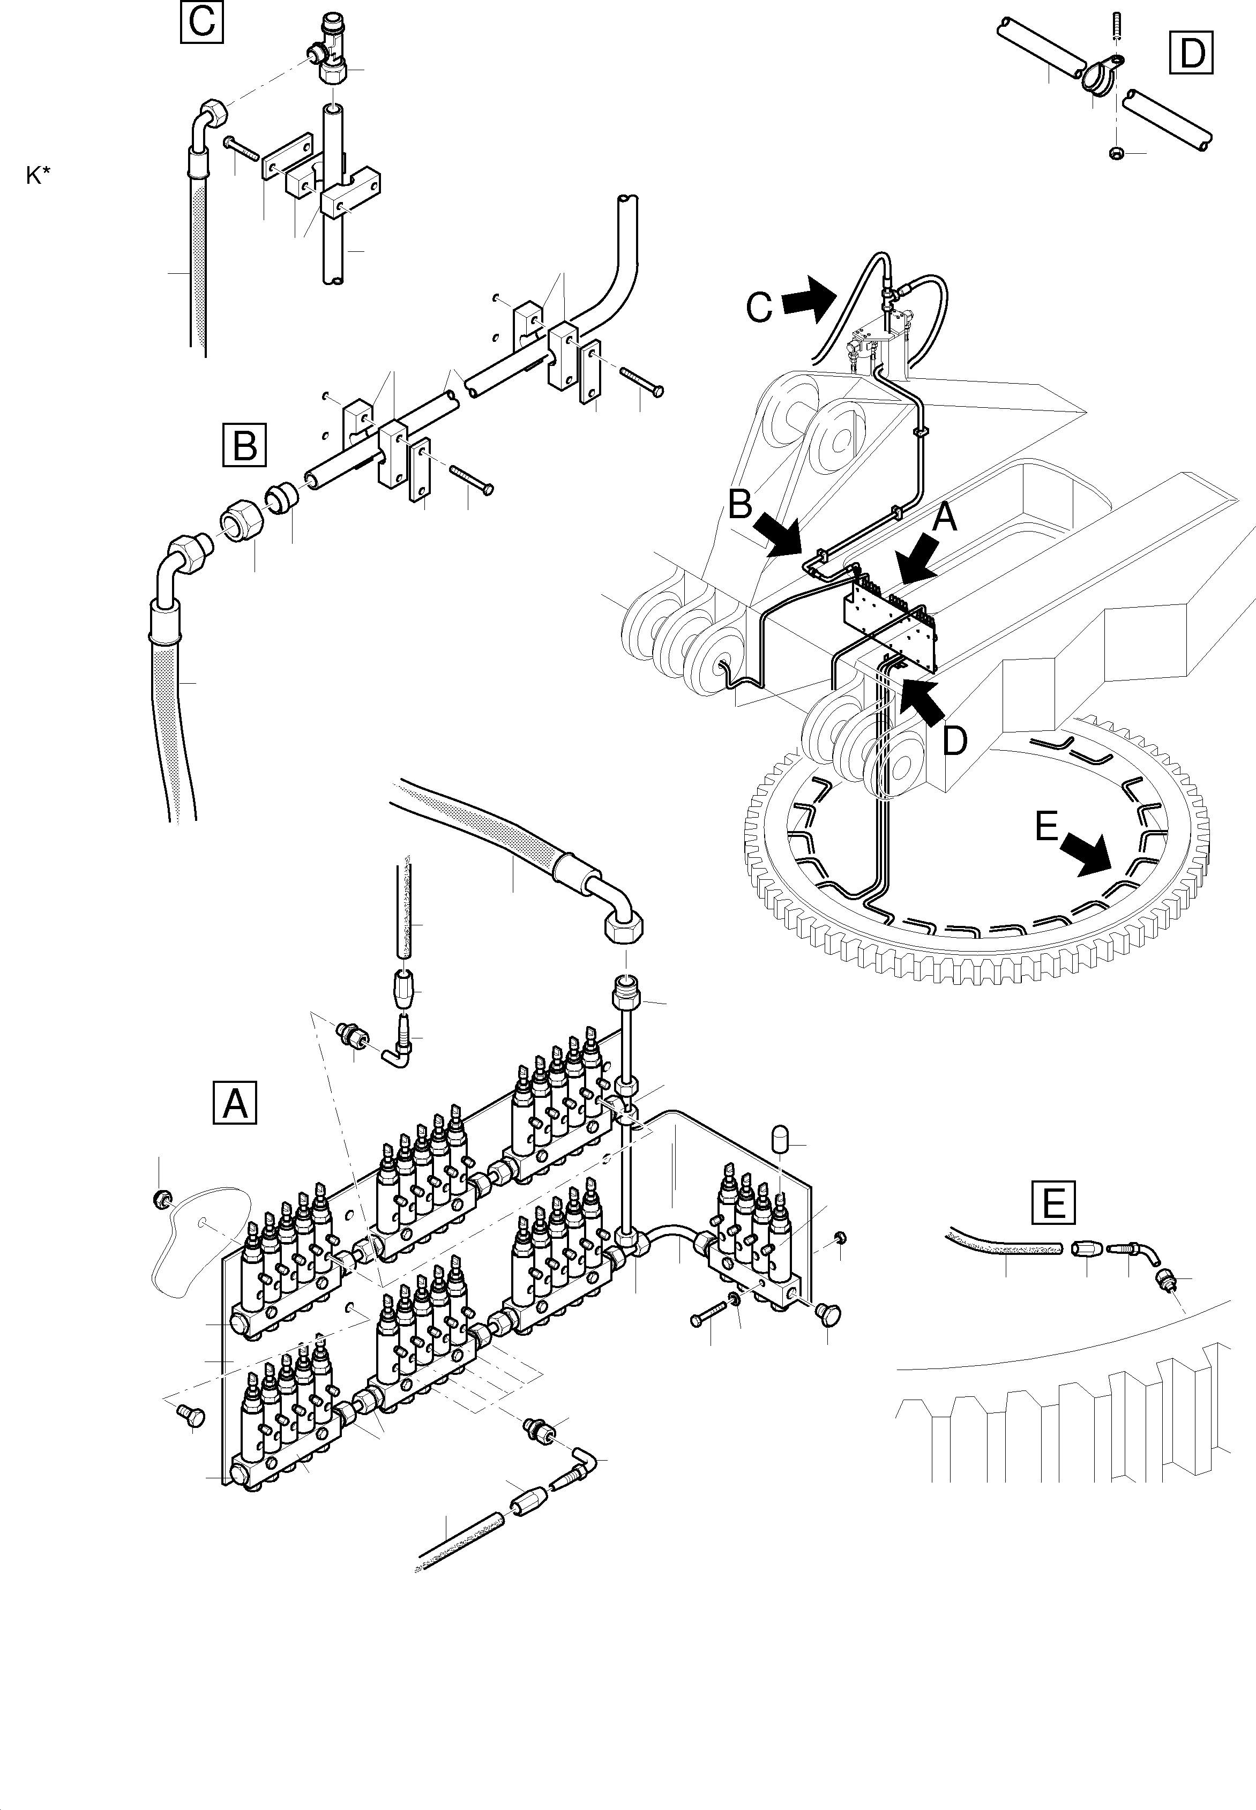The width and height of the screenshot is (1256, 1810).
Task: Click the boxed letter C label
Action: click(x=202, y=21)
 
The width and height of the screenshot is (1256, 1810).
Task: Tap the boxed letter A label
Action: click(x=235, y=1103)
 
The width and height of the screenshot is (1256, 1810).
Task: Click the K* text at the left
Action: click(x=38, y=176)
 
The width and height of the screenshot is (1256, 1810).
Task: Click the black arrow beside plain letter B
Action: click(x=776, y=535)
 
